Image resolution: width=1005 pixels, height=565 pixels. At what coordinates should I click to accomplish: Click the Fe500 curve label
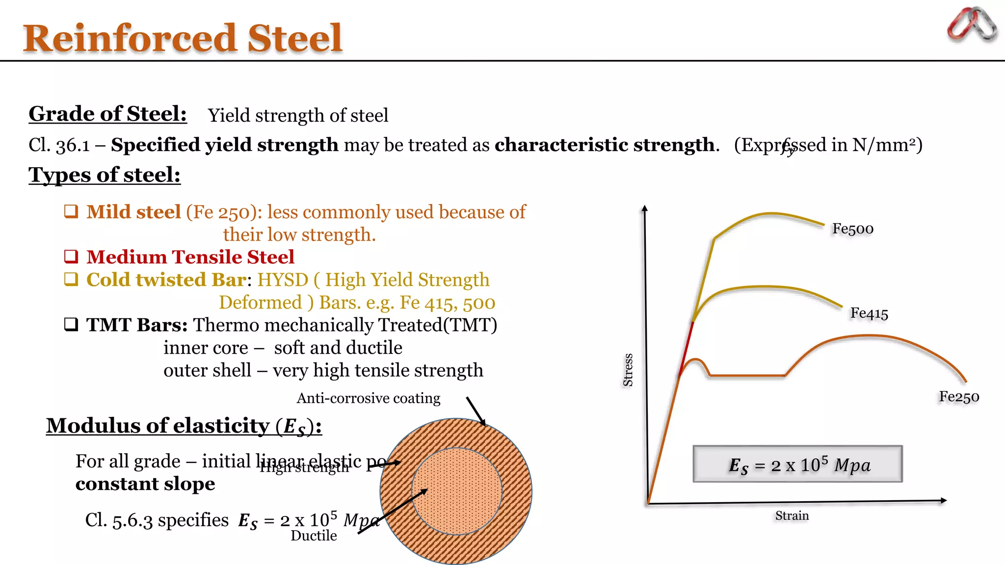click(853, 229)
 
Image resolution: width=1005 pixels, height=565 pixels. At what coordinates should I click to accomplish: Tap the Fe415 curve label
click(869, 313)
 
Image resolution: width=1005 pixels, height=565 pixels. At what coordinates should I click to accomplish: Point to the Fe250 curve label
click(959, 396)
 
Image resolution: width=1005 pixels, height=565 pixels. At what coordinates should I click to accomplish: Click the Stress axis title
click(628, 370)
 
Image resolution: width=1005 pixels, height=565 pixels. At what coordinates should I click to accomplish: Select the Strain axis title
click(792, 515)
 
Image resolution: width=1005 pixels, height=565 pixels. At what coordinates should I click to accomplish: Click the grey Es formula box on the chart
click(797, 464)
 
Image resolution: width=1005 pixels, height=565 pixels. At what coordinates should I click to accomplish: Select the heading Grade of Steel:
click(107, 114)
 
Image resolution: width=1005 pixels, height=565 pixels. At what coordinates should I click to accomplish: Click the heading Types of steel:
click(105, 175)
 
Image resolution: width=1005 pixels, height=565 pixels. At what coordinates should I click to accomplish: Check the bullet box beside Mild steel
click(71, 211)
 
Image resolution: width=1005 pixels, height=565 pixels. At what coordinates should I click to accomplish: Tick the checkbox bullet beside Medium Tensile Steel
click(71, 257)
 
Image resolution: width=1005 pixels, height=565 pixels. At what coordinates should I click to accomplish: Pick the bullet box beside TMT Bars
click(71, 324)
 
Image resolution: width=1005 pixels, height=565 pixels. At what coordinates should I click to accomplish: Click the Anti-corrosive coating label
click(368, 398)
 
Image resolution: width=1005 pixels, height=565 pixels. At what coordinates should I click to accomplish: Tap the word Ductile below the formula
click(314, 536)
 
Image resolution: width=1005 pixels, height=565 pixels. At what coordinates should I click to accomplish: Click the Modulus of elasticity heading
click(184, 426)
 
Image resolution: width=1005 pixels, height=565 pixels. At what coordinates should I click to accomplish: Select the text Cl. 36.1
click(59, 145)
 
